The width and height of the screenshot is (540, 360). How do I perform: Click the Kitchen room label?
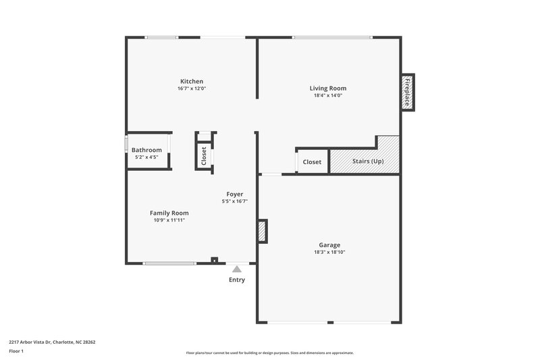point(191,81)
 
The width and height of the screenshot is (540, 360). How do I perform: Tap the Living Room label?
point(328,88)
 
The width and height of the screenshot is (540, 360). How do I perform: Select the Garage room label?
point(329,245)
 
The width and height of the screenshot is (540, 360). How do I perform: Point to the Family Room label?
point(169,213)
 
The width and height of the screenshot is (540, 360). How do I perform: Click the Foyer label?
point(234,195)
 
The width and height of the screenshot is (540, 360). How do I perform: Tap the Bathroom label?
point(146,150)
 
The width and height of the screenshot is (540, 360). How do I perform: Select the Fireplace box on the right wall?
point(408,93)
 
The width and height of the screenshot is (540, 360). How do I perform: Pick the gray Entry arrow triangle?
point(237,269)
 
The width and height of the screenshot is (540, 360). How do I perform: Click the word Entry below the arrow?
point(237,280)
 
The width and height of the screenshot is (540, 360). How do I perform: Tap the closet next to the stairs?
point(312,162)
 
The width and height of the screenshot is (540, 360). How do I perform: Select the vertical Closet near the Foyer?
point(204,155)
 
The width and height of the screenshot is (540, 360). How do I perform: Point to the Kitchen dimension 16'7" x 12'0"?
point(191,88)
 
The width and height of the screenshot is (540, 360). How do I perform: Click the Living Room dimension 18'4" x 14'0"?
point(328,95)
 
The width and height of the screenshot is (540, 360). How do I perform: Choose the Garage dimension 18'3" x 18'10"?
point(329,252)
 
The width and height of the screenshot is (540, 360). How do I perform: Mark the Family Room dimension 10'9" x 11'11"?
point(169,220)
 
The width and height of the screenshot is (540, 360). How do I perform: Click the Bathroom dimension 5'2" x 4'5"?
point(146,157)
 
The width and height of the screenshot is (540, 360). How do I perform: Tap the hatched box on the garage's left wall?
point(262,232)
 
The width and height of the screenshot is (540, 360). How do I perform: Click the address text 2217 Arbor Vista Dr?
point(53,342)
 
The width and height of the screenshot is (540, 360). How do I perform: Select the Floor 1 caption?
point(16,352)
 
